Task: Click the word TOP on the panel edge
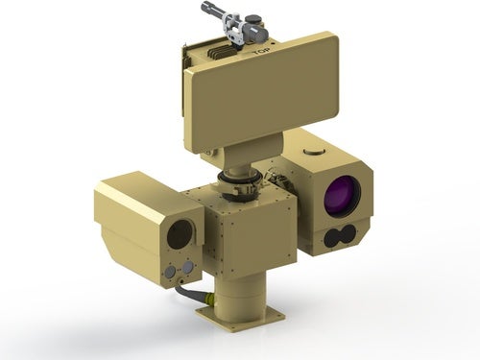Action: pyautogui.click(x=261, y=51)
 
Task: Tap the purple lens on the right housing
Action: pyautogui.click(x=342, y=195)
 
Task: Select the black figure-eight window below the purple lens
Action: pyautogui.click(x=340, y=236)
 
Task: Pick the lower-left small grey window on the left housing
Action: pyautogui.click(x=170, y=272)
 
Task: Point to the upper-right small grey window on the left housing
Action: pyautogui.click(x=187, y=266)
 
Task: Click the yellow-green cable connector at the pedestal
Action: pyautogui.click(x=210, y=300)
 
